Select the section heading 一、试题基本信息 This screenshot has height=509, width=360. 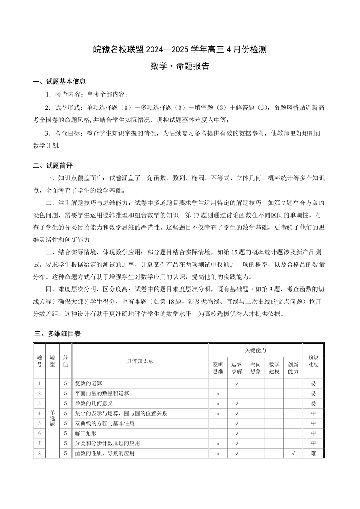click(x=59, y=82)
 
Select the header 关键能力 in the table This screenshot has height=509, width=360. click(x=255, y=350)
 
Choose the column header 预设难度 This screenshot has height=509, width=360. click(x=313, y=361)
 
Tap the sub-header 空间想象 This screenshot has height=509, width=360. click(x=255, y=368)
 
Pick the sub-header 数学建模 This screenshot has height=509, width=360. click(x=274, y=368)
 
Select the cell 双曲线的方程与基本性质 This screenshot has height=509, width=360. click(x=105, y=423)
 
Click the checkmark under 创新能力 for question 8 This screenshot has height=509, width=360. click(x=293, y=453)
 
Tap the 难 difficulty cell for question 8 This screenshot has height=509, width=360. click(x=313, y=453)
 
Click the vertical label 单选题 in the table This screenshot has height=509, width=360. click(x=53, y=418)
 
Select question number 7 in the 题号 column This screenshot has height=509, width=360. click(x=40, y=443)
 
